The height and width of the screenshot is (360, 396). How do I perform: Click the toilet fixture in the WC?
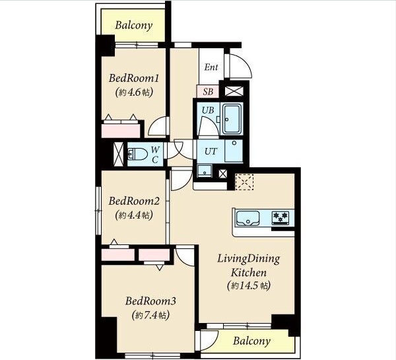click(137, 154)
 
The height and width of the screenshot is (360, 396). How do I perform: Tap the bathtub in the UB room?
click(232, 119)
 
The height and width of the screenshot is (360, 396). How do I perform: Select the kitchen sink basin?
click(247, 219)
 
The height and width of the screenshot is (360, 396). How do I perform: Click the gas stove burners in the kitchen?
click(280, 217)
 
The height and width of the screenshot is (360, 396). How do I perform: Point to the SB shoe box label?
click(208, 92)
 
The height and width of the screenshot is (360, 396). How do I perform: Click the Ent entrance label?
click(211, 67)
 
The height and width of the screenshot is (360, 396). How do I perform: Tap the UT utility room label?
click(211, 151)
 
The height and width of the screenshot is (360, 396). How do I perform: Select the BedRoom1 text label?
click(134, 78)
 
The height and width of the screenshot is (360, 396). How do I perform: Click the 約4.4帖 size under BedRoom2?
click(134, 215)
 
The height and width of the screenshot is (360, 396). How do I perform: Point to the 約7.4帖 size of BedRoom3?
click(150, 315)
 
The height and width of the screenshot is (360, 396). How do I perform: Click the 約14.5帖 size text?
click(249, 285)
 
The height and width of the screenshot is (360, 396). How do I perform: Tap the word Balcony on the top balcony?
click(134, 26)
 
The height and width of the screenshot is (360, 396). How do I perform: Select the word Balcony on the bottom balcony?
click(251, 341)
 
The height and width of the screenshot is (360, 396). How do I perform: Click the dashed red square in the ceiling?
click(244, 182)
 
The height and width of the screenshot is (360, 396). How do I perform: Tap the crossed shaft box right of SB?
click(234, 91)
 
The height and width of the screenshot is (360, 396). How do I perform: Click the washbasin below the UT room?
click(205, 171)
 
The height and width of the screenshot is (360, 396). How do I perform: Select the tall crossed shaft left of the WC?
click(118, 154)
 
